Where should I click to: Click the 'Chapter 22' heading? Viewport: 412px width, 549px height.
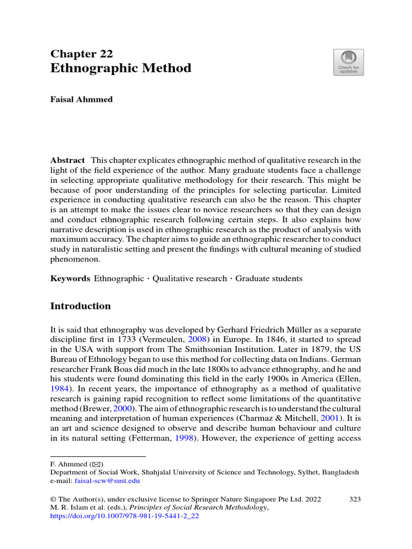[x=81, y=54]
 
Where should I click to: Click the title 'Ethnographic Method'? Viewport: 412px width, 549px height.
[x=120, y=68]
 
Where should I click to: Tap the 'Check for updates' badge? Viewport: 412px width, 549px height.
[x=348, y=62]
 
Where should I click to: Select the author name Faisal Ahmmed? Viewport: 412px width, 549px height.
[x=81, y=100]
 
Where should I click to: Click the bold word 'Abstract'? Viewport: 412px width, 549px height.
[x=67, y=160]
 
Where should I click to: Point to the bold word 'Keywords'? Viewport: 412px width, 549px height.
[x=70, y=279]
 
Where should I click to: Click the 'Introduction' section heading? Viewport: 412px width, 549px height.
[x=80, y=306]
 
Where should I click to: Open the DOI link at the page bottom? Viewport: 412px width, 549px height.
[x=124, y=517]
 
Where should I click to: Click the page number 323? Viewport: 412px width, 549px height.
[x=355, y=499]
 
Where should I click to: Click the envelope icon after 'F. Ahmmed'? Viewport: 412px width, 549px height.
[x=97, y=464]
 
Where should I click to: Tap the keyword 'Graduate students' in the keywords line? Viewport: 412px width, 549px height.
[x=269, y=279]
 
